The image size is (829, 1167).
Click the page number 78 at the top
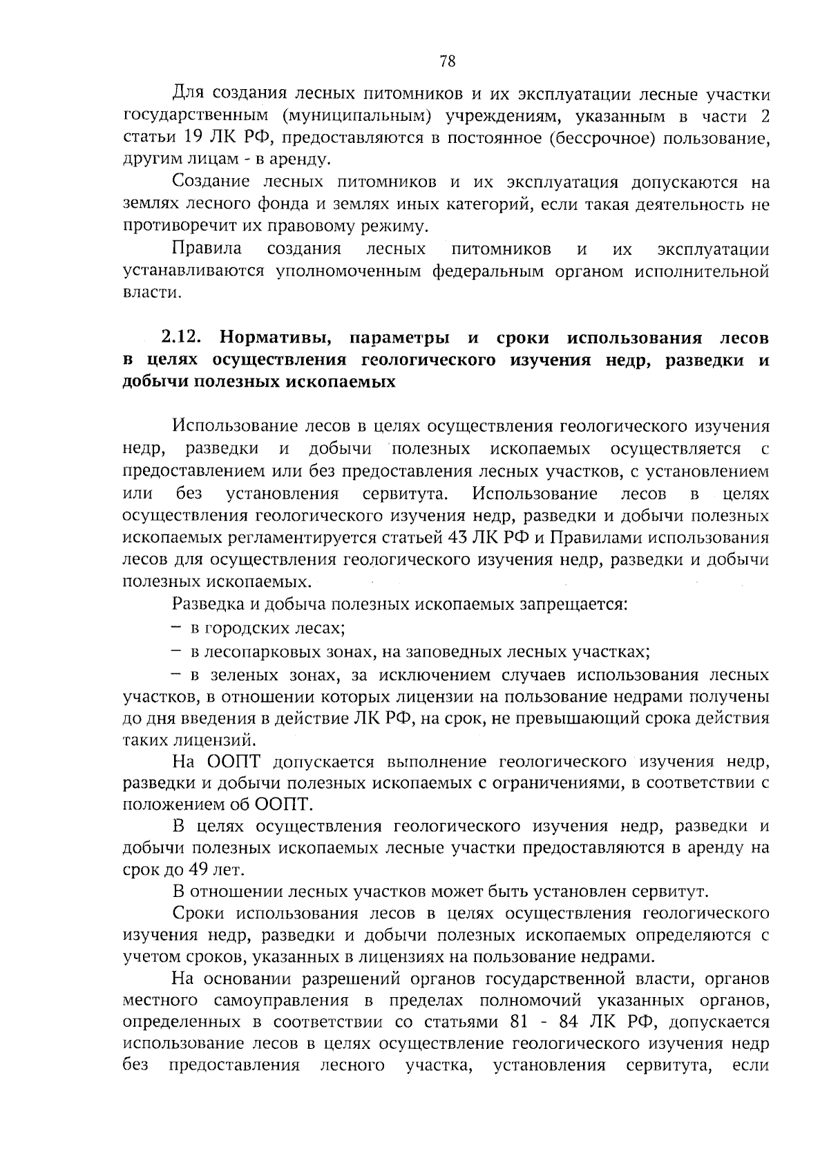(x=447, y=61)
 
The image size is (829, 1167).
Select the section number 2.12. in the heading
(x=181, y=338)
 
